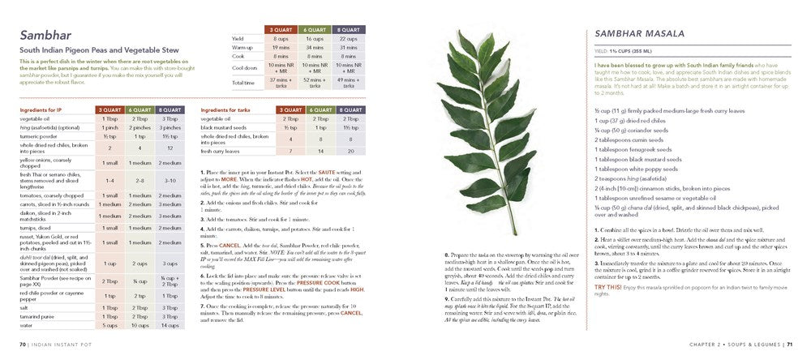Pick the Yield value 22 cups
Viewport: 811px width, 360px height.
click(350, 38)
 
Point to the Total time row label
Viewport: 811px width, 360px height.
click(244, 82)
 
